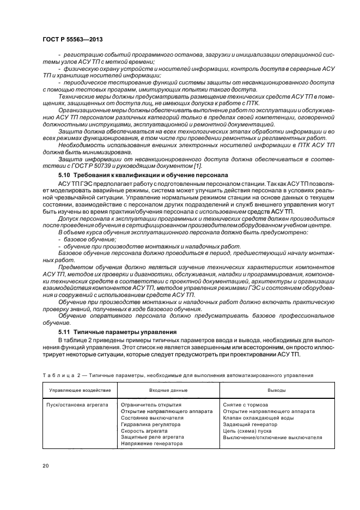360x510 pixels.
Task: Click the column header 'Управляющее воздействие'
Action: [80, 391]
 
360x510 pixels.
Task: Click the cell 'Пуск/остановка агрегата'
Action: [77, 405]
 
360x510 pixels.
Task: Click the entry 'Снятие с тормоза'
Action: [245, 405]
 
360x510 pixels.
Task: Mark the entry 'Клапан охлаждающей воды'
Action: [258, 418]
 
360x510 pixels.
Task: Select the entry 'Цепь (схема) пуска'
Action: [248, 431]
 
